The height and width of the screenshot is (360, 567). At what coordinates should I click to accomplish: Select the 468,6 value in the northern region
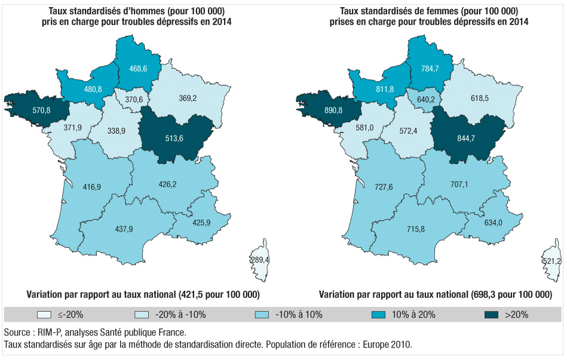pyautogui.click(x=138, y=69)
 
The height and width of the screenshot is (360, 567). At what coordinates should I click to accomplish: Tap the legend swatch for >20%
pyautogui.click(x=492, y=314)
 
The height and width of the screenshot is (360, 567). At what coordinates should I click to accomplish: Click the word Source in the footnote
pyautogui.click(x=17, y=332)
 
